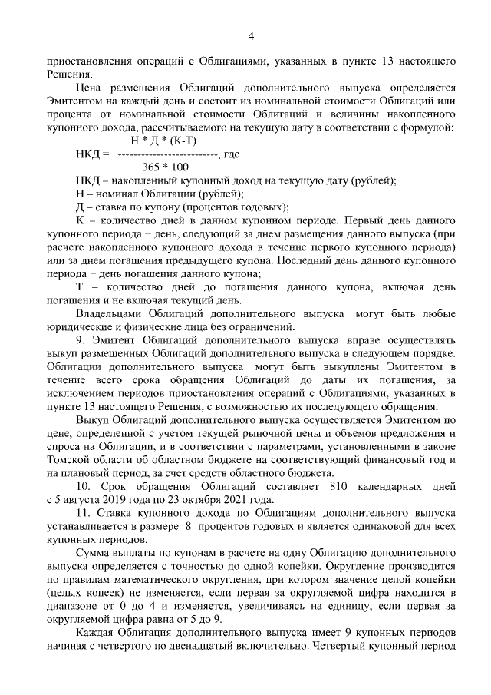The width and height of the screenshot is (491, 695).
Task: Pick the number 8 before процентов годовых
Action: coord(188,526)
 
